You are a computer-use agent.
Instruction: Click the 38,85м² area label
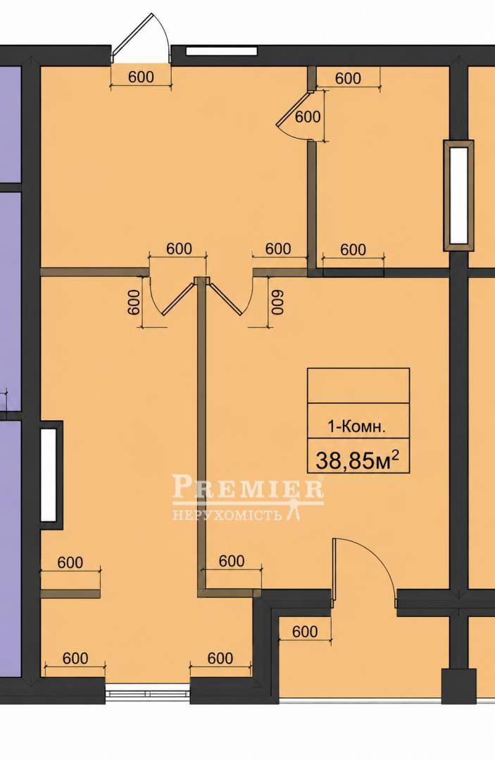358,460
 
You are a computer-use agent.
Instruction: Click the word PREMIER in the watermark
249,488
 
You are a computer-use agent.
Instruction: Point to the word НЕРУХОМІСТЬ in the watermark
227,514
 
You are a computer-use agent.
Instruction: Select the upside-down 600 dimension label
277,303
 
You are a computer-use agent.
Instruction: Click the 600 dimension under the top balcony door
141,77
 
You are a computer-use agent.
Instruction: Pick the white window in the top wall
221,51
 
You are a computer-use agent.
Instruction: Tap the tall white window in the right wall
458,196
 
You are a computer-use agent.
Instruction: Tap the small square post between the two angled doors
200,281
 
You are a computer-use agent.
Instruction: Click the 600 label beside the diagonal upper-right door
308,116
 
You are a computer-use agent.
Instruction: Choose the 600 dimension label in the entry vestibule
306,631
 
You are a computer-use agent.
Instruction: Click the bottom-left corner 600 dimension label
75,658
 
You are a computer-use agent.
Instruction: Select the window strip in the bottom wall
147,692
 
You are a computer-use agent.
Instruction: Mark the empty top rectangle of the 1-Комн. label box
358,386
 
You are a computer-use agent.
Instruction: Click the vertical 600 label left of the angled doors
134,303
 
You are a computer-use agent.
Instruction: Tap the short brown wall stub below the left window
70,593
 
